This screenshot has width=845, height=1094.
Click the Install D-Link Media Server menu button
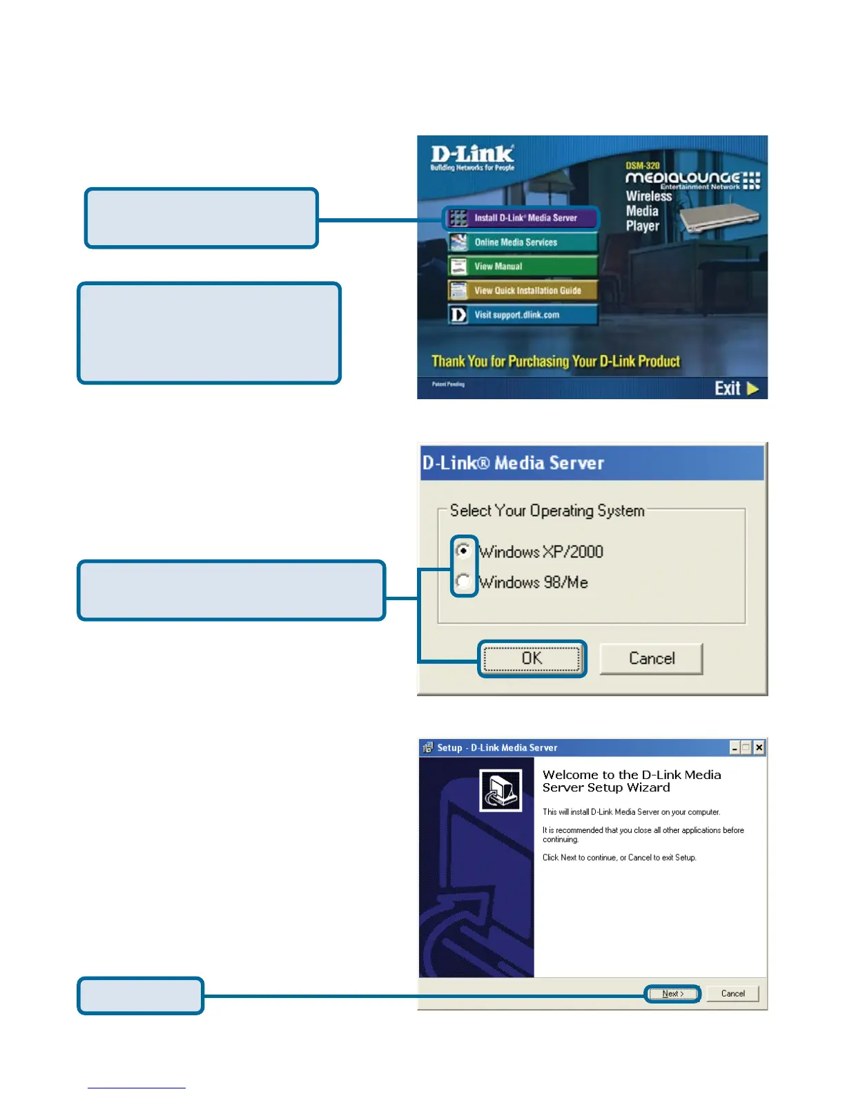[x=521, y=218]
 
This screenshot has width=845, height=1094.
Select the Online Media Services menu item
[x=521, y=242]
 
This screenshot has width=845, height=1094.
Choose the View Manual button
[x=521, y=267]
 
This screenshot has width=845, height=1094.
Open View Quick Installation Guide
[x=521, y=291]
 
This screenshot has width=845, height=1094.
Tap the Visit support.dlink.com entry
[x=521, y=315]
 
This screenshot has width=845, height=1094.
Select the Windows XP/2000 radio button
[x=464, y=551]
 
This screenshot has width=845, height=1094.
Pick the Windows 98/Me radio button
[x=464, y=582]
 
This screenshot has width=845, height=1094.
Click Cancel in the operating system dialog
[x=651, y=659]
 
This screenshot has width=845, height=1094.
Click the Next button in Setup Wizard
[x=673, y=994]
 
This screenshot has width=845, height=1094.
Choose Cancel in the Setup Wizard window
[x=732, y=994]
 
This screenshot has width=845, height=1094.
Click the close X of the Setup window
[x=759, y=747]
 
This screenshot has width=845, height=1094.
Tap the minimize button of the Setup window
[x=735, y=747]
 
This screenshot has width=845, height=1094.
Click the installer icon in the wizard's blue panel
[x=501, y=790]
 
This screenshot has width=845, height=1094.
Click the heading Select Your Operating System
[x=547, y=511]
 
